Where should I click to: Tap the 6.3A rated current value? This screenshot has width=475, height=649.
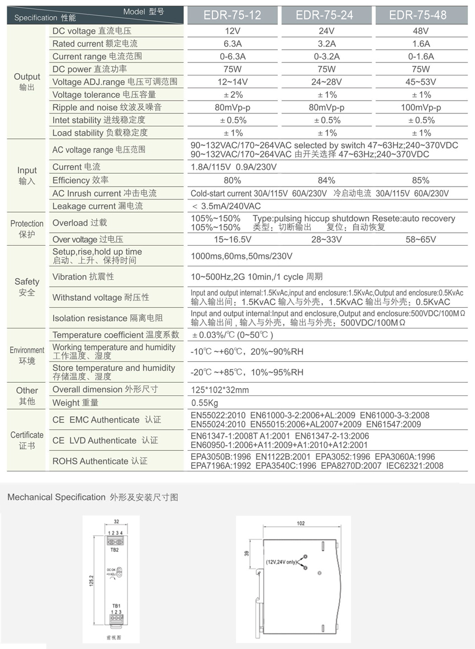pos(232,44)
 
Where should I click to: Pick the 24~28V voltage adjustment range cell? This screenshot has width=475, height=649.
pos(326,82)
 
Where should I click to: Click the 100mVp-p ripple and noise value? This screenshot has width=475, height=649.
pos(420,107)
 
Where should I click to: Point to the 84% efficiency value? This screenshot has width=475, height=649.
pos(326,180)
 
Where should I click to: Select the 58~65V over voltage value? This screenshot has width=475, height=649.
pos(420,239)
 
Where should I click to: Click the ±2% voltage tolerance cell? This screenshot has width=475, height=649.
pos(232,94)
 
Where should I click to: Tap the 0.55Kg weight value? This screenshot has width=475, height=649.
pos(205,403)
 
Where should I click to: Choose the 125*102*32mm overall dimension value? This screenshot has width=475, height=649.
pos(220,390)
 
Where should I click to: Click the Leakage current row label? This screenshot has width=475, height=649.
pos(97,206)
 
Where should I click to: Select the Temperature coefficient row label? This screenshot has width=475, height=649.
pos(116,335)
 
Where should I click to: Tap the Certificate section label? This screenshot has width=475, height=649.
pos(27,440)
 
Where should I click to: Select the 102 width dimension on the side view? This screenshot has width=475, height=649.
pos(301,524)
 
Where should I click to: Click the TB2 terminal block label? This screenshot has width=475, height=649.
pos(116,550)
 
